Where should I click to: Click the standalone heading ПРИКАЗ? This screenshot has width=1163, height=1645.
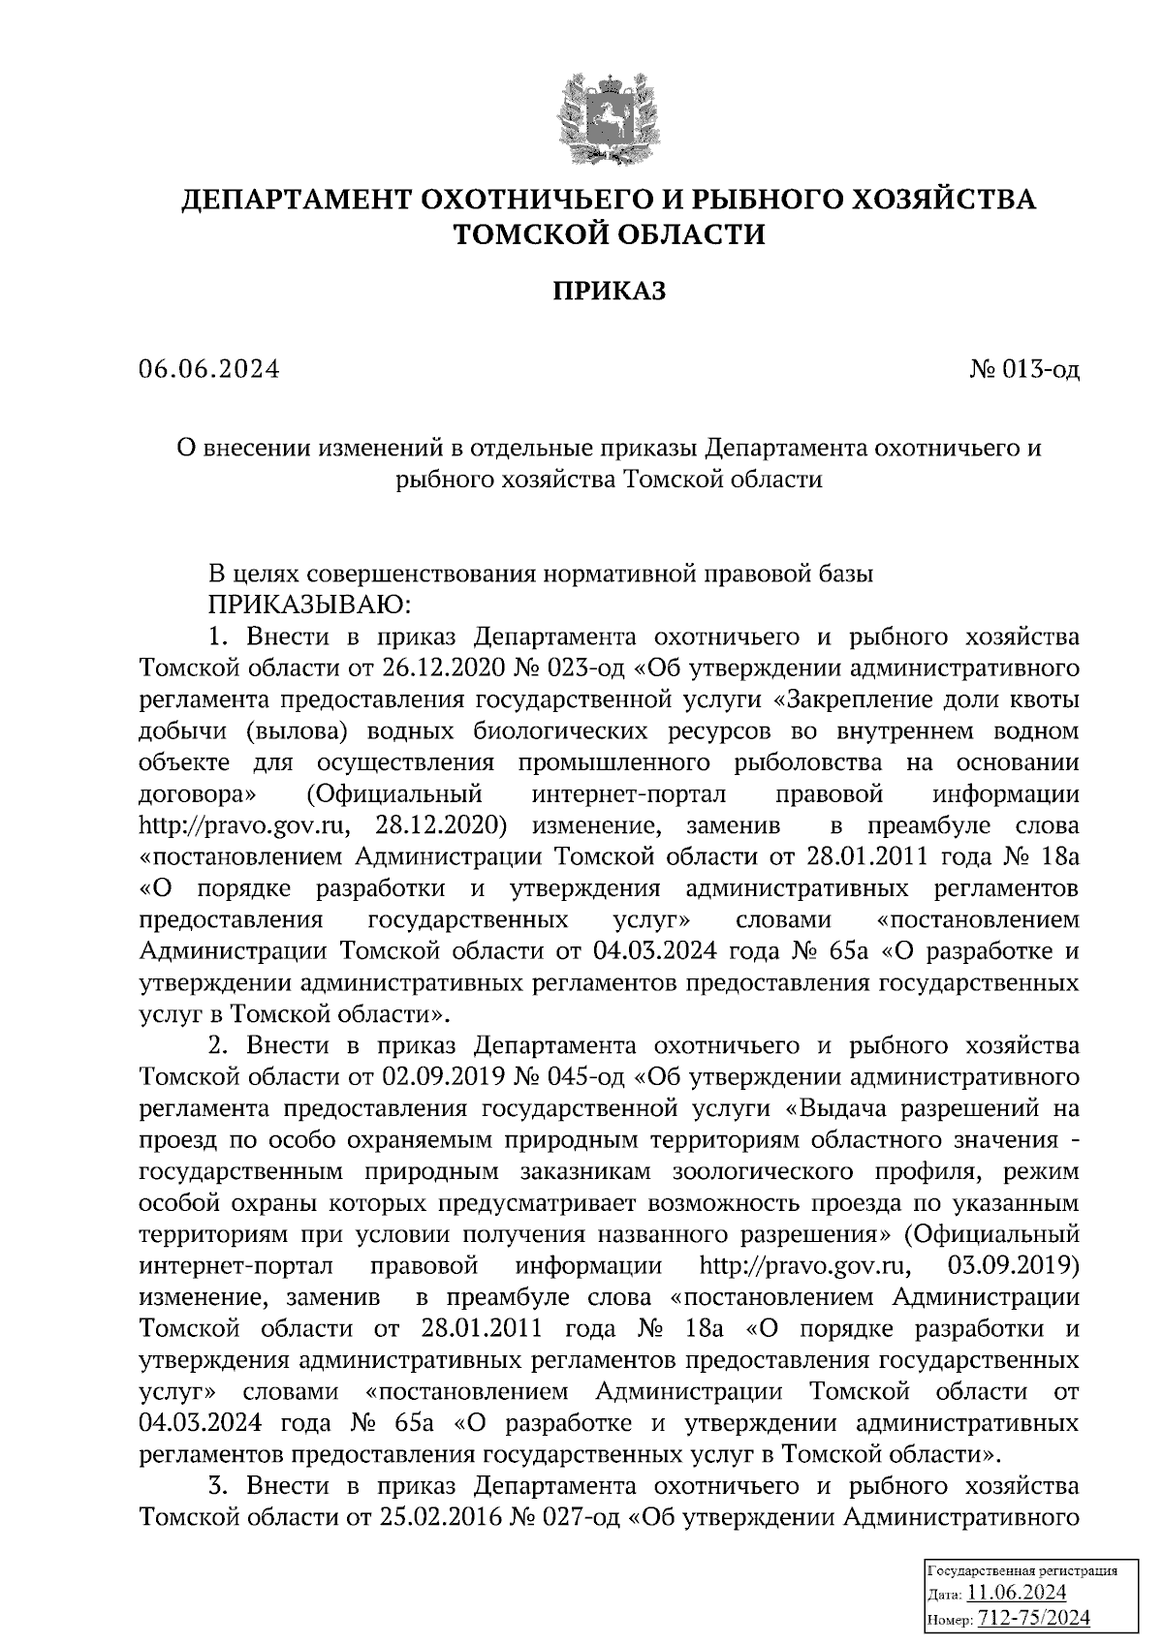(610, 292)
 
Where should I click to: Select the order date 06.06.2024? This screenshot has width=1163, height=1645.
(209, 369)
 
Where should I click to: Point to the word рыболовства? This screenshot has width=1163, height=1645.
(812, 762)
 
